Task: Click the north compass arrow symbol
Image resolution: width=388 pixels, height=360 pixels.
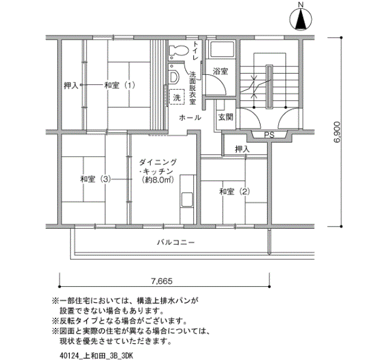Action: tap(300, 19)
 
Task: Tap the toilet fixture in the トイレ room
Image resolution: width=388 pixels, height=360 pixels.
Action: tap(178, 50)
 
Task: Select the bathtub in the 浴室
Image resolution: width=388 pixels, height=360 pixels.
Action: tap(222, 49)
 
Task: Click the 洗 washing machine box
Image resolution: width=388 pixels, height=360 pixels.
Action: tap(177, 97)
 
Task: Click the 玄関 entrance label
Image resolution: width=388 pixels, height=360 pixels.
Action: tap(226, 117)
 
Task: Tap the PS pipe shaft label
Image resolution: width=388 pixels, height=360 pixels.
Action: tap(269, 135)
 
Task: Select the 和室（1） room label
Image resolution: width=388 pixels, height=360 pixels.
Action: tap(120, 85)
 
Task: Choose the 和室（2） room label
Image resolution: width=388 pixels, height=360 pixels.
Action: tap(234, 192)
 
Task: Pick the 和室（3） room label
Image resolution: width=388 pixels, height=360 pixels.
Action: tap(95, 179)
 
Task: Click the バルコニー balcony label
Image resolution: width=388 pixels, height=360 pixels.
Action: tap(176, 242)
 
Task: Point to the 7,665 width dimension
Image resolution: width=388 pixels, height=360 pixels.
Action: tap(162, 281)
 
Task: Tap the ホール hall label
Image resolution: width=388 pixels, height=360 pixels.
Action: tap(190, 117)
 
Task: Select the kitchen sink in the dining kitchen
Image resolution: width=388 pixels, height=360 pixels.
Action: tap(187, 200)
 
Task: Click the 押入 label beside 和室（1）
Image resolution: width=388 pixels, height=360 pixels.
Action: tap(71, 85)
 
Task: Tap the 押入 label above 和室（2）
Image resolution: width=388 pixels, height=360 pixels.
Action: tap(242, 149)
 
